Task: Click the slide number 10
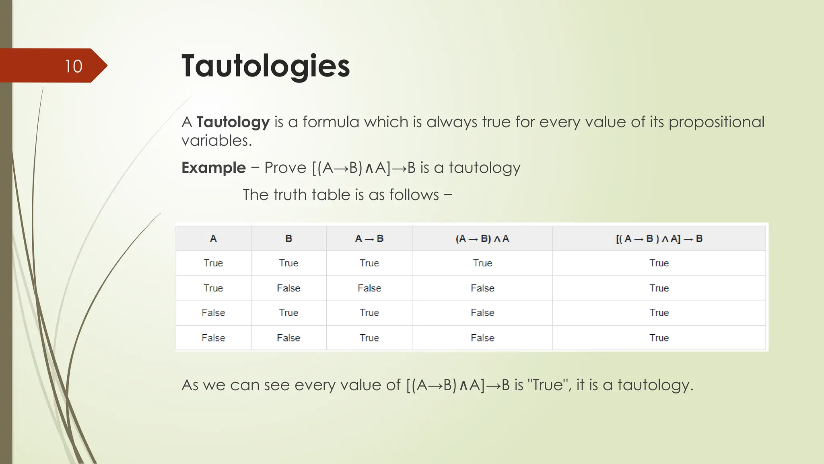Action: coord(74,66)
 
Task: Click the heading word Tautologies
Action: coord(266,66)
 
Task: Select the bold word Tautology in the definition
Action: coord(233,122)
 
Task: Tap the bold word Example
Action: coord(213,168)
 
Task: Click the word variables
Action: coord(216,141)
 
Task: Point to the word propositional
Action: coord(716,122)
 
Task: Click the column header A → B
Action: coord(369,238)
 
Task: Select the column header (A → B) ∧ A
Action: coord(482,238)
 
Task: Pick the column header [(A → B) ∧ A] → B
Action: coord(659,238)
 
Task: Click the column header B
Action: coord(288,238)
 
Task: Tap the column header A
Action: coord(213,238)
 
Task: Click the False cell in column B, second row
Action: coord(288,288)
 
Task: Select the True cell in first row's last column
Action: coord(659,263)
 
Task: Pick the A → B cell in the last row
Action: coord(369,338)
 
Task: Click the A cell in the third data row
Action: coord(213,313)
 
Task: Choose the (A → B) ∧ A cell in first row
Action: coord(482,263)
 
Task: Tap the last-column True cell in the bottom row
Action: coord(659,338)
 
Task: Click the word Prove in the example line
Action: coord(285,168)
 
